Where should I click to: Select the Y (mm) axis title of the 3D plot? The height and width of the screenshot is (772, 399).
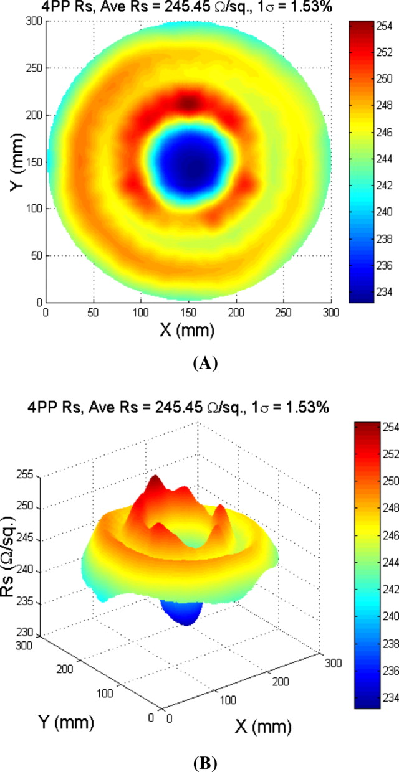60,724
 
